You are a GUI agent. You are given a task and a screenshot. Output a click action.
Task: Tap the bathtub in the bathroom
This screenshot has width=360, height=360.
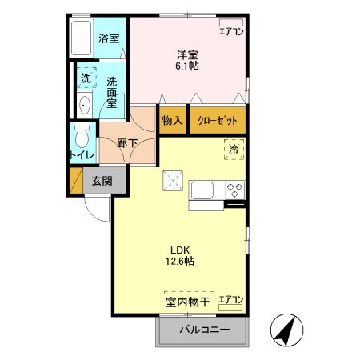(80, 38)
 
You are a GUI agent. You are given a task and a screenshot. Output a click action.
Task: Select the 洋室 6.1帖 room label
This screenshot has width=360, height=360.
(188, 60)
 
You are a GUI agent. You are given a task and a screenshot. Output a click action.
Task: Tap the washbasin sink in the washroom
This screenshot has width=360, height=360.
(85, 105)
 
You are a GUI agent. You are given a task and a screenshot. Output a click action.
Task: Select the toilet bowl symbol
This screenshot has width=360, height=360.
(80, 134)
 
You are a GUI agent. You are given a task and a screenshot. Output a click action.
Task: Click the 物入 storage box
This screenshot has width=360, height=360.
(172, 120)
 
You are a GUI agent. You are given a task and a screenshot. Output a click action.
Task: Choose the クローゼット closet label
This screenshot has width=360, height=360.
(217, 121)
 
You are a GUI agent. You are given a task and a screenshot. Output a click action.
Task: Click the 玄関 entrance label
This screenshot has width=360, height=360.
(102, 180)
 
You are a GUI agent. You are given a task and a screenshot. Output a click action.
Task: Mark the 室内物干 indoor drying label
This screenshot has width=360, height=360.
(188, 302)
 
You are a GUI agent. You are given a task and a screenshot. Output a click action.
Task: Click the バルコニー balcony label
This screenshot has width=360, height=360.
(204, 330)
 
